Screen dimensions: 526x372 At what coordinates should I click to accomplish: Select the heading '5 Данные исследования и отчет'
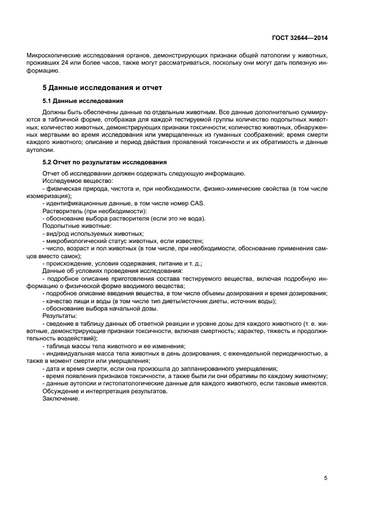click(102, 88)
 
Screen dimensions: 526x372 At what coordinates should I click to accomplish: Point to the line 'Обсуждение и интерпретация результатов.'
click(105, 390)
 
